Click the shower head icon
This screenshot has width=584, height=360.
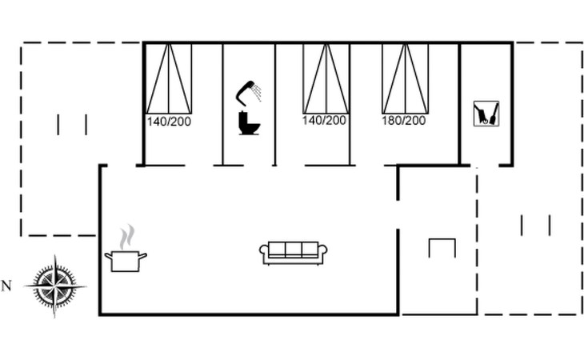tap(250, 90)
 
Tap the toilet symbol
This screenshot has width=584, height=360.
tap(249, 123)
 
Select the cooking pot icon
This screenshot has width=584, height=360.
tap(126, 261)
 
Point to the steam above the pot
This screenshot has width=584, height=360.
tap(126, 238)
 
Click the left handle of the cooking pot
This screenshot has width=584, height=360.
tap(108, 256)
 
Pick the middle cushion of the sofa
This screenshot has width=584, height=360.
tap(294, 250)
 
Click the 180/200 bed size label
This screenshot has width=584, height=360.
tap(404, 121)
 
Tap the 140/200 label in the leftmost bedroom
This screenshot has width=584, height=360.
tap(168, 122)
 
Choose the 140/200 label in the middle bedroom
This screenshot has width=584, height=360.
tap(324, 121)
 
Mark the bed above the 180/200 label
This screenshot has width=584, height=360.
tap(405, 78)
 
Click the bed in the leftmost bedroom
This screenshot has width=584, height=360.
tap(169, 78)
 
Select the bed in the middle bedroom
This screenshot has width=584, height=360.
tap(326, 78)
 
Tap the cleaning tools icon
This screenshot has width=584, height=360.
tap(486, 114)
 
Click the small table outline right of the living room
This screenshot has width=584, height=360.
tap(442, 247)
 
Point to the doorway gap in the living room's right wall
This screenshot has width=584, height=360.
tap(398, 214)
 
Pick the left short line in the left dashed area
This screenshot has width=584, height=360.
tap(58, 124)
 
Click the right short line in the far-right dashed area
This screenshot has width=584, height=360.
tap(550, 225)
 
